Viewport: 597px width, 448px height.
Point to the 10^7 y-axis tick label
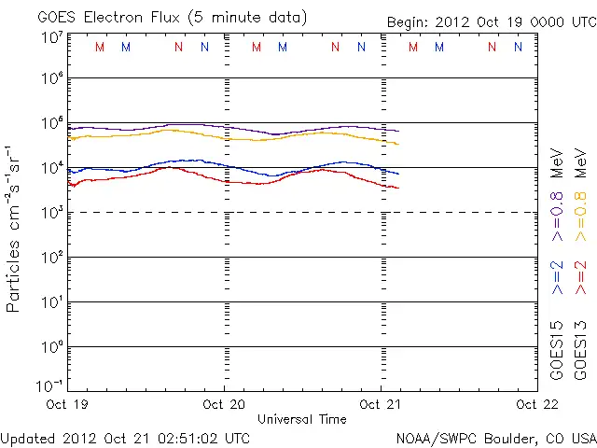coord(50,38)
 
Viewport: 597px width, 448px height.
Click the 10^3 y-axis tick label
coord(50,213)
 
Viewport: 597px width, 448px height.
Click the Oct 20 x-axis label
coord(225,404)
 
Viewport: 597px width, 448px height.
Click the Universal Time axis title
coord(302,419)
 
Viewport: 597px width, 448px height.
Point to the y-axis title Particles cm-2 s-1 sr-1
coord(15,228)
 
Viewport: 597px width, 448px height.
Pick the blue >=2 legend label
coord(558,278)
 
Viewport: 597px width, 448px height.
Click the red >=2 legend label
coord(580,278)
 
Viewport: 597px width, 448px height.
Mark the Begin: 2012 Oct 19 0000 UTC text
coord(491,21)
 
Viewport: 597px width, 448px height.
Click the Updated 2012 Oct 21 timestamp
coord(125,437)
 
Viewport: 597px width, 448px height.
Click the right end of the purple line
coord(398,132)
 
